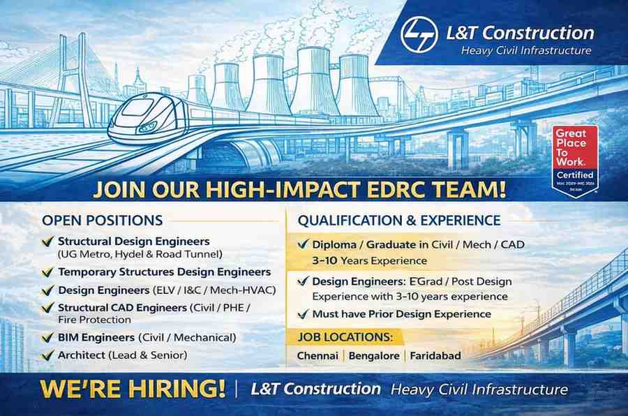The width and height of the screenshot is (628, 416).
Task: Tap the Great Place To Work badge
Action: (575, 160)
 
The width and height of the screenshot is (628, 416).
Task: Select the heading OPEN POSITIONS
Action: (102, 221)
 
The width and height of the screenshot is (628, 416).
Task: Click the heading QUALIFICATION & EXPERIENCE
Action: (399, 221)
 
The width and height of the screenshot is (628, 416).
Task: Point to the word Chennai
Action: (317, 356)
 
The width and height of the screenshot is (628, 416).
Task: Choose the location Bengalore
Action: (374, 356)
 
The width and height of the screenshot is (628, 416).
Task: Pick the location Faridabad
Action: (435, 356)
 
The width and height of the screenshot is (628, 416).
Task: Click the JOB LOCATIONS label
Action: (345, 338)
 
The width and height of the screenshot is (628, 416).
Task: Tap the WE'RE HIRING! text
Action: (133, 389)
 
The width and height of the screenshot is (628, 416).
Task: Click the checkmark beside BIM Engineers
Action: (47, 339)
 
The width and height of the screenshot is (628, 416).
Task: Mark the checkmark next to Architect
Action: (47, 356)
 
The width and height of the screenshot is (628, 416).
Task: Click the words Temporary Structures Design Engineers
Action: (164, 272)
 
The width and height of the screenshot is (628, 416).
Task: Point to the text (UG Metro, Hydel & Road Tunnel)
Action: (140, 254)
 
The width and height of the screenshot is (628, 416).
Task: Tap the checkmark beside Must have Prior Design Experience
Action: (303, 314)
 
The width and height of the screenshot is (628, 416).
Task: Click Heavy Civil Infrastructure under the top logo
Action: (526, 50)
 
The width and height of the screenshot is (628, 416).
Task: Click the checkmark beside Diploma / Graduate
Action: (303, 245)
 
